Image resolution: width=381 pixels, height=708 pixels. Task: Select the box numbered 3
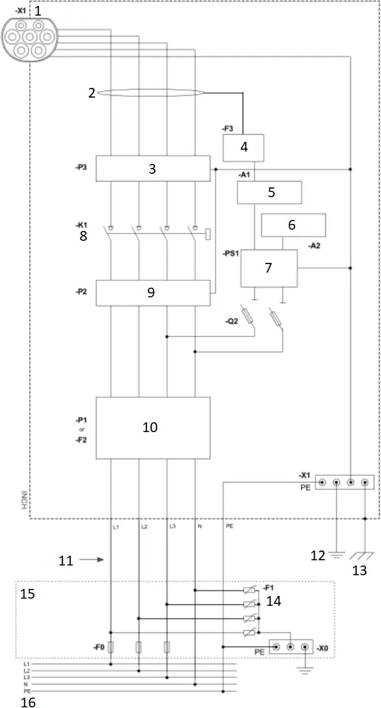pyautogui.click(x=152, y=169)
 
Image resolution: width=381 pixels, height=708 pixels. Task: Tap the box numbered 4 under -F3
pyautogui.click(x=244, y=148)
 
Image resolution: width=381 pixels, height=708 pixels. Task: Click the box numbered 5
pyautogui.click(x=269, y=193)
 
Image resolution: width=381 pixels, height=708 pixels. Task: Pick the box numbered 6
pyautogui.click(x=292, y=225)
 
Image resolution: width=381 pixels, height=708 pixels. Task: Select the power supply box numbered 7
pyautogui.click(x=268, y=267)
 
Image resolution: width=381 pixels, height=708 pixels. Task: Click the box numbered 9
pyautogui.click(x=152, y=293)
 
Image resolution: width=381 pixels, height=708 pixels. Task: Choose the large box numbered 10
pyautogui.click(x=152, y=428)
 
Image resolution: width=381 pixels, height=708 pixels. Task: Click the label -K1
pyautogui.click(x=83, y=225)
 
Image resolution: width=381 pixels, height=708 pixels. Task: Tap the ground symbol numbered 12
pyautogui.click(x=336, y=554)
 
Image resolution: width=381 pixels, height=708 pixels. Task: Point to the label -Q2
pyautogui.click(x=232, y=320)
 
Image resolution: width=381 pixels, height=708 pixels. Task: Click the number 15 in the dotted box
pyautogui.click(x=29, y=594)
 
